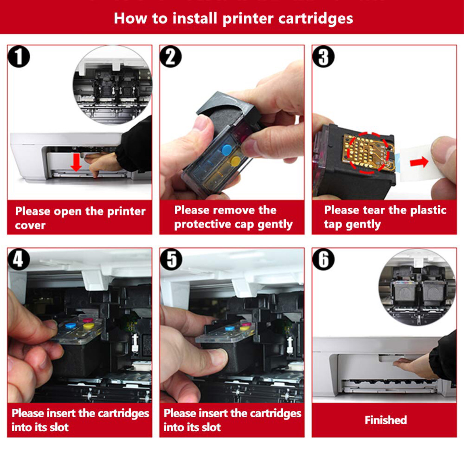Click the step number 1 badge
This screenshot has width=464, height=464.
point(19,56)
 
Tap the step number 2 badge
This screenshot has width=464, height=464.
point(171,56)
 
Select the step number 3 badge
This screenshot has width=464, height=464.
point(323,56)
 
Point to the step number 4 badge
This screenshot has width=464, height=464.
point(19,259)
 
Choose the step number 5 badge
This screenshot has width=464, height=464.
point(171,259)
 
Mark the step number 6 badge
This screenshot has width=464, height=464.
point(323,259)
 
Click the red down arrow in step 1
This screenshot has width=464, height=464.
point(76,163)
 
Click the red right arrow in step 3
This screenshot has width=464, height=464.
point(419,161)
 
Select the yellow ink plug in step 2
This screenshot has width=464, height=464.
point(236,160)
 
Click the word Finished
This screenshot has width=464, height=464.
point(386,420)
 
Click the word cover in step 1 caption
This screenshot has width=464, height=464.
point(30,225)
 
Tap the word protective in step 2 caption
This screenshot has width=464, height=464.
point(202,225)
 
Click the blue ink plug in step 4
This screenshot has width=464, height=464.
point(71,325)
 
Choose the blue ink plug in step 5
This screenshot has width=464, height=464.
point(230,328)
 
